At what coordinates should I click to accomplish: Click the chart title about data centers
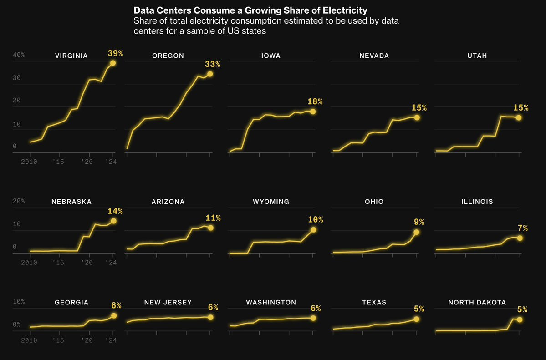[x=250, y=10]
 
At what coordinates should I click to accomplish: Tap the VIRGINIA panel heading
[x=71, y=56]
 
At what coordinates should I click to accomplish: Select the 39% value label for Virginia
[x=115, y=53]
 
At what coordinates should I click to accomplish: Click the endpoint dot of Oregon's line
[x=210, y=74]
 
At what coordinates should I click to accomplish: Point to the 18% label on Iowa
[x=315, y=101]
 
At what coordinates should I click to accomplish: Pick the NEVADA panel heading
[x=374, y=56]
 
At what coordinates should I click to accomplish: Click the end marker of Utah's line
[x=519, y=117]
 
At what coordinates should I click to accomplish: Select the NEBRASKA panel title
[x=71, y=202]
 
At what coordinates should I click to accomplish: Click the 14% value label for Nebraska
[x=115, y=211]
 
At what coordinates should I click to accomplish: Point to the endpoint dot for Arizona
[x=210, y=228]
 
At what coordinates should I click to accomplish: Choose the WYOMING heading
[x=271, y=202]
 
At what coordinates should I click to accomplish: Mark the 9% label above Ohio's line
[x=419, y=222]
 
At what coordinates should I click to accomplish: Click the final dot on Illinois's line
[x=520, y=238]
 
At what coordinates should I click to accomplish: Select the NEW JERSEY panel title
[x=168, y=303]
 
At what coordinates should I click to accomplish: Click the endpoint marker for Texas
[x=416, y=319]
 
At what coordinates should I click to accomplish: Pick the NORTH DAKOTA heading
[x=477, y=303]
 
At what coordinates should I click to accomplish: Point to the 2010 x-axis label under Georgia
[x=29, y=340]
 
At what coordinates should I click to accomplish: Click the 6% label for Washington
[x=315, y=309]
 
